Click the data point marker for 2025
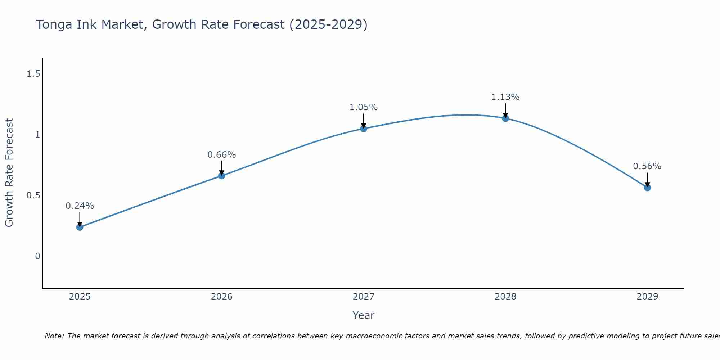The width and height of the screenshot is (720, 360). (x=80, y=227)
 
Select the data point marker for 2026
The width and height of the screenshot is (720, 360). (x=222, y=176)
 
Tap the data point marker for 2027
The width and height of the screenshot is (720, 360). (x=364, y=129)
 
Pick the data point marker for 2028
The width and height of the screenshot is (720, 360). (x=505, y=118)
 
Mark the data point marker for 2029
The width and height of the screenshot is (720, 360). (x=647, y=188)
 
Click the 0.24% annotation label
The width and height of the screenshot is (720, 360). (x=80, y=206)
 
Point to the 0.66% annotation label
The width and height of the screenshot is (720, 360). (x=222, y=155)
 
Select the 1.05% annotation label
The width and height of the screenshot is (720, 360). (x=364, y=107)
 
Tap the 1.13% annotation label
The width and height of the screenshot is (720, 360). (x=505, y=97)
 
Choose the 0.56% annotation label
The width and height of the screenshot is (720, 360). (x=647, y=166)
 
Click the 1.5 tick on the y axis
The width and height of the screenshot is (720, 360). (x=33, y=74)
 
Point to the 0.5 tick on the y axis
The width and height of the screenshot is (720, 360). (x=33, y=195)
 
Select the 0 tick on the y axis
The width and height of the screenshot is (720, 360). (x=37, y=256)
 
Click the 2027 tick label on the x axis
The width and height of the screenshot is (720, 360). (x=364, y=297)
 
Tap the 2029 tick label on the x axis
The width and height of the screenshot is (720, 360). (x=647, y=297)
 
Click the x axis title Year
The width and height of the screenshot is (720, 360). (x=364, y=315)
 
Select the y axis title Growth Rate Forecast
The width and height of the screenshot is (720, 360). (x=9, y=173)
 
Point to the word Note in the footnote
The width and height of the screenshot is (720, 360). (x=54, y=336)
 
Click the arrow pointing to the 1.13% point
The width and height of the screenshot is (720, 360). (x=505, y=110)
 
